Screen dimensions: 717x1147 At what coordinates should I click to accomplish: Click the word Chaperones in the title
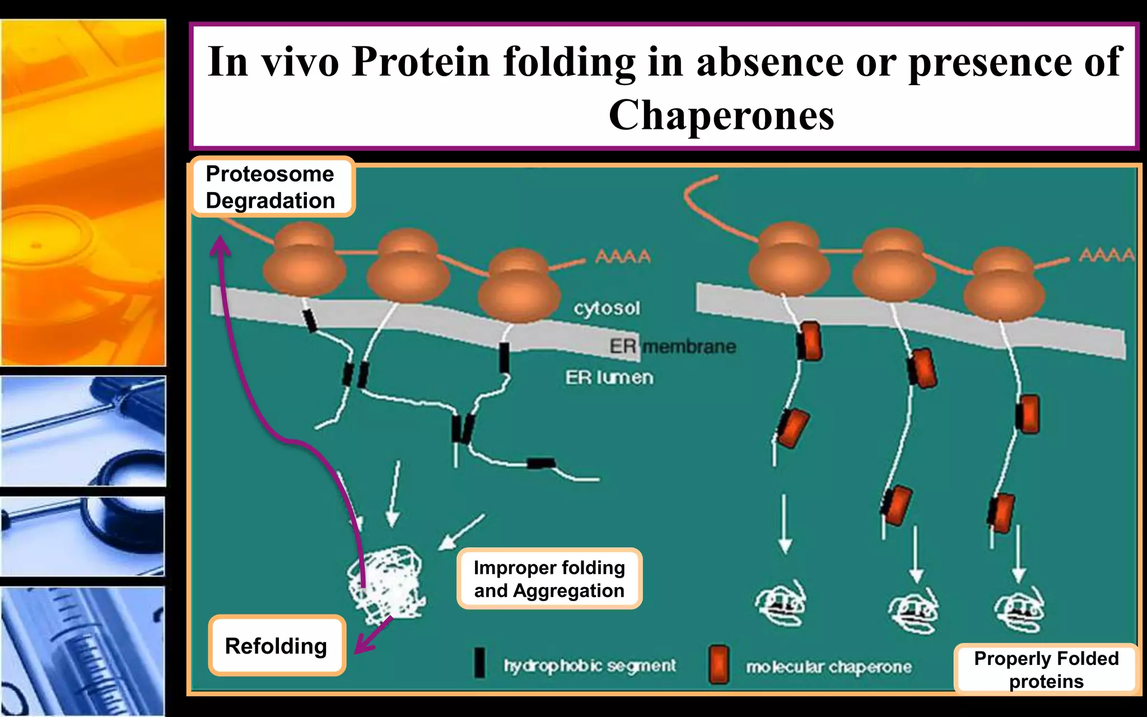721,115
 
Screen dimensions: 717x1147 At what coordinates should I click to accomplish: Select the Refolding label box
276,646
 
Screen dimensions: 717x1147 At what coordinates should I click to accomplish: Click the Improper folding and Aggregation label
549,579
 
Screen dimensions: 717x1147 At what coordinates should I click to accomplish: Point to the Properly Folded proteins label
1046,669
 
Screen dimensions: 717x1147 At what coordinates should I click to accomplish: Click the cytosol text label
607,308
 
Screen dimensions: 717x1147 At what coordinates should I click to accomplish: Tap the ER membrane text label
673,346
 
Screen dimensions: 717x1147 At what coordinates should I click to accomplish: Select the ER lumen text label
609,378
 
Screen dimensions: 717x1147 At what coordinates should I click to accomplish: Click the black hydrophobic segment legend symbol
479,663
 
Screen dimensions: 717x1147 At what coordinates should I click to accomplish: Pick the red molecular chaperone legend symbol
719,664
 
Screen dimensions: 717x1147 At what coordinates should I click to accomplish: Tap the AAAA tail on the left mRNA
623,257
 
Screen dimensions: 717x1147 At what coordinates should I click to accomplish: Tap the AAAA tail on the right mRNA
1106,255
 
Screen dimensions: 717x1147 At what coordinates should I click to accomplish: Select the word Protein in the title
421,62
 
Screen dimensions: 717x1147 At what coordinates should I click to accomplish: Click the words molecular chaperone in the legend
828,667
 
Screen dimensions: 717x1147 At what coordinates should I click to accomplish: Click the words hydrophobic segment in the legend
589,665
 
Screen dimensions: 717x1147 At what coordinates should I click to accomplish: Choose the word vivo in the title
301,62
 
